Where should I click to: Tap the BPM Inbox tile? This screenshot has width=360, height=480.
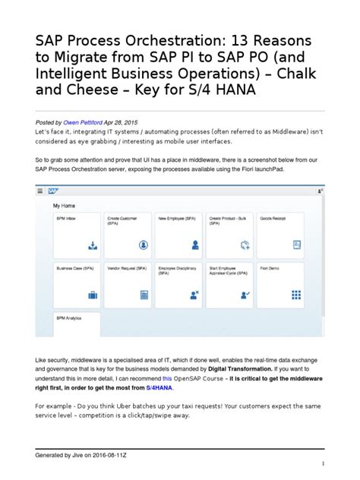pyautogui.click(x=76, y=233)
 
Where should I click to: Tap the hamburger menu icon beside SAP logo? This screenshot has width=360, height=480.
pyautogui.click(x=40, y=192)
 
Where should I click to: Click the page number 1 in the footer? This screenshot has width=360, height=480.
pyautogui.click(x=322, y=464)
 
